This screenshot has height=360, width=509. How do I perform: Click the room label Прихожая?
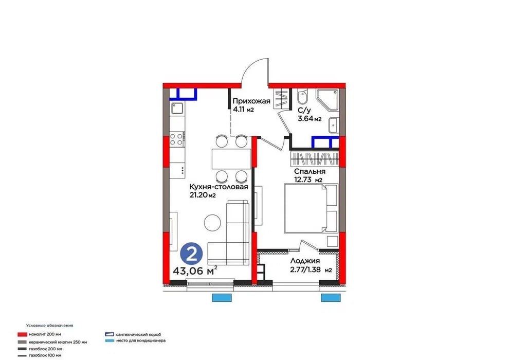(251, 101)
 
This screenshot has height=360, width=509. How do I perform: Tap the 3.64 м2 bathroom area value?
(310, 119)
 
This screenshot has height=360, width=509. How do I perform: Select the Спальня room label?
(310, 171)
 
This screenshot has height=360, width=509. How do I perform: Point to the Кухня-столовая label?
(219, 187)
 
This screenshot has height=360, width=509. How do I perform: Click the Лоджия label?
(305, 261)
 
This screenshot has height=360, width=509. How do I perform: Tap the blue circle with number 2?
(192, 254)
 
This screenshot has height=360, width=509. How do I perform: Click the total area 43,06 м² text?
(195, 271)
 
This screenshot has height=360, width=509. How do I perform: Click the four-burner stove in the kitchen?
(177, 139)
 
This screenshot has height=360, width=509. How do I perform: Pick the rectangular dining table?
(231, 159)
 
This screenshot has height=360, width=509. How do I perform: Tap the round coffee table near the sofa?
(213, 223)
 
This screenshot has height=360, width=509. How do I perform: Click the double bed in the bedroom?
(311, 208)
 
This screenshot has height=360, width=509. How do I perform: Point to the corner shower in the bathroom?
(328, 100)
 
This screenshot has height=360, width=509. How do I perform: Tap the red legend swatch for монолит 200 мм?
(22, 334)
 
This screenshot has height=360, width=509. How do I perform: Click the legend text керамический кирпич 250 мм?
(58, 342)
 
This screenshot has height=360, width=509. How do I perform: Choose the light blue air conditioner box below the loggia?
(331, 298)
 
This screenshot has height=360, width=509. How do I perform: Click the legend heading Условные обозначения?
(50, 325)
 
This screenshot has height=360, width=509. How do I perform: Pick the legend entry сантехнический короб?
(134, 334)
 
